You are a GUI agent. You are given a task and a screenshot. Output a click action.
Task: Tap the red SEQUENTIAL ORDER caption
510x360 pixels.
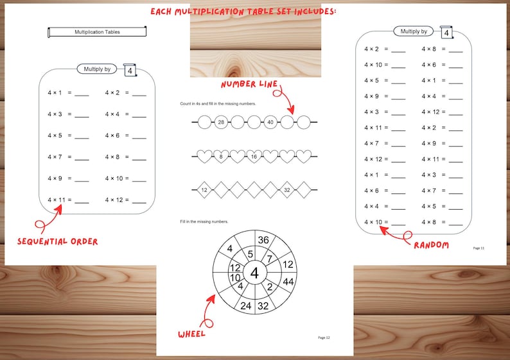click(57, 241)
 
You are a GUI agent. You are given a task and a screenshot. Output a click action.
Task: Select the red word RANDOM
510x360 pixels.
click(431, 245)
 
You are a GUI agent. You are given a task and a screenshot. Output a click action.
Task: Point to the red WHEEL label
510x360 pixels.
click(192, 334)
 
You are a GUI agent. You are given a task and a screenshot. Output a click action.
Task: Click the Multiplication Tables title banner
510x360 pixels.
click(98, 31)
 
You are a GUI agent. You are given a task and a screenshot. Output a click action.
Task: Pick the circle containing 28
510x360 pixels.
click(221, 122)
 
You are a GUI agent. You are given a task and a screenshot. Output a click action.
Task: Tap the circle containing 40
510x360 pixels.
click(271, 122)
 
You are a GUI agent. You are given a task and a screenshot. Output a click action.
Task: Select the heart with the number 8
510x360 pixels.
click(221, 156)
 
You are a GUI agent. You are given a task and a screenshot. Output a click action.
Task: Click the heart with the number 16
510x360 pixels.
click(254, 156)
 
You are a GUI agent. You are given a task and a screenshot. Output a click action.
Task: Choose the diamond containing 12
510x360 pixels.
click(204, 189)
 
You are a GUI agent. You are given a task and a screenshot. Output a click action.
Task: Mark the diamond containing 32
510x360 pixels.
click(286, 189)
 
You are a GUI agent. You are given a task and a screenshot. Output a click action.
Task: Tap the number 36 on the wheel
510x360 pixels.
click(263, 240)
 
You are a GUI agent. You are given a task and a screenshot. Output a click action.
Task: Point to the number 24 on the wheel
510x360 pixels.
click(246, 305)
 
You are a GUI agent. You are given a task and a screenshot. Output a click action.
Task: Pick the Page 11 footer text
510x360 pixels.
click(479, 247)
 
